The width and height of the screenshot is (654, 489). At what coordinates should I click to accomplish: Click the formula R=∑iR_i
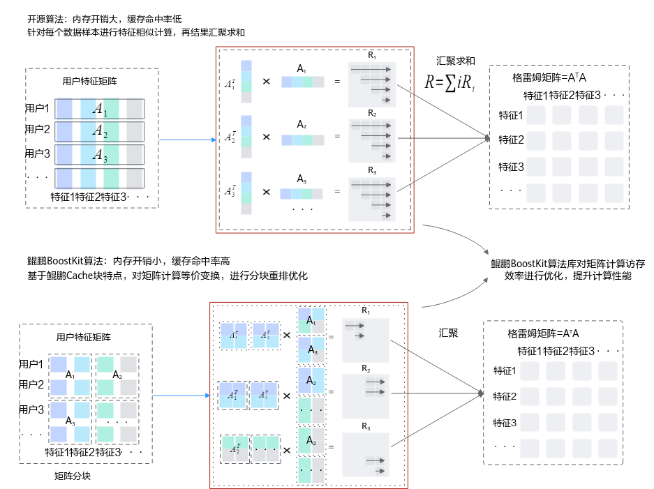tap(449, 82)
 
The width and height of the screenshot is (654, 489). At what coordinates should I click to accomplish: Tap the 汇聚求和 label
tap(456, 61)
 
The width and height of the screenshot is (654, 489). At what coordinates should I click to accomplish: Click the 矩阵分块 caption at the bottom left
tap(72, 476)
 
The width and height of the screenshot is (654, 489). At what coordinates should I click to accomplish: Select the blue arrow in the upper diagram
tap(187, 140)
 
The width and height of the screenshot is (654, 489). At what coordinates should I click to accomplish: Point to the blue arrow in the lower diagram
tap(181, 396)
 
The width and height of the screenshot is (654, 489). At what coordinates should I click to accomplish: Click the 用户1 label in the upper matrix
tap(37, 108)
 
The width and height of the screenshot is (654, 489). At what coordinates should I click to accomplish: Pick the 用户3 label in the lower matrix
tap(31, 409)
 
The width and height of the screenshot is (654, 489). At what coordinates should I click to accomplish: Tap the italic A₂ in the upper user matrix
tap(100, 131)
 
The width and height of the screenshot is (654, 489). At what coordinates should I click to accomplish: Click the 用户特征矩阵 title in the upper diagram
tap(89, 82)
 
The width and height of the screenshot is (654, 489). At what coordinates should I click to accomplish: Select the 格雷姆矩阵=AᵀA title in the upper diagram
tap(549, 77)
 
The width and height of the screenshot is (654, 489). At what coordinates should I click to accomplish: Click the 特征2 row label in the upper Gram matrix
tap(512, 140)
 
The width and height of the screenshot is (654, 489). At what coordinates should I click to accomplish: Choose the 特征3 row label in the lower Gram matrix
tap(505, 423)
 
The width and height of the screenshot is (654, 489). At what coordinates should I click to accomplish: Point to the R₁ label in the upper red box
tap(372, 55)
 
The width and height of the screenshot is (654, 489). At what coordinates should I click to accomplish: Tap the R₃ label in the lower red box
tap(366, 426)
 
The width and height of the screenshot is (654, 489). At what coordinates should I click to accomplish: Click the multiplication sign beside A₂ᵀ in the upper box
tap(267, 137)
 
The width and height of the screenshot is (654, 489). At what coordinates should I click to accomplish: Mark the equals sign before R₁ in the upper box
tap(337, 82)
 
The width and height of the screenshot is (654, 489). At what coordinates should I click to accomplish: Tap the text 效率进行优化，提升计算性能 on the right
tap(567, 276)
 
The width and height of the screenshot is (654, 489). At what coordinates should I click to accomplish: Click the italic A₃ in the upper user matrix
tap(100, 155)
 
